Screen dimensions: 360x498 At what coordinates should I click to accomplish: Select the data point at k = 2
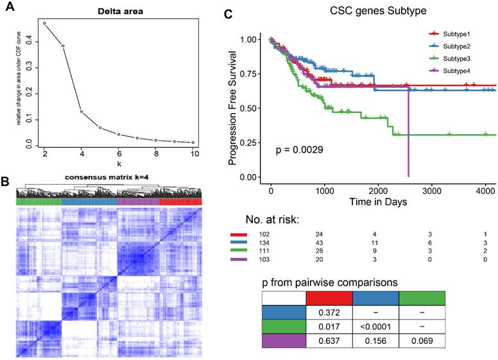pos(44,23)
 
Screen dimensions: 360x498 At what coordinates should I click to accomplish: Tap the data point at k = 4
pos(82,112)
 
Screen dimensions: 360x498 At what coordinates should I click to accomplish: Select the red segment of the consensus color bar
pos(180,201)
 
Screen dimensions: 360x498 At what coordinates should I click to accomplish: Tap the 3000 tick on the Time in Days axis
pos(432,192)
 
